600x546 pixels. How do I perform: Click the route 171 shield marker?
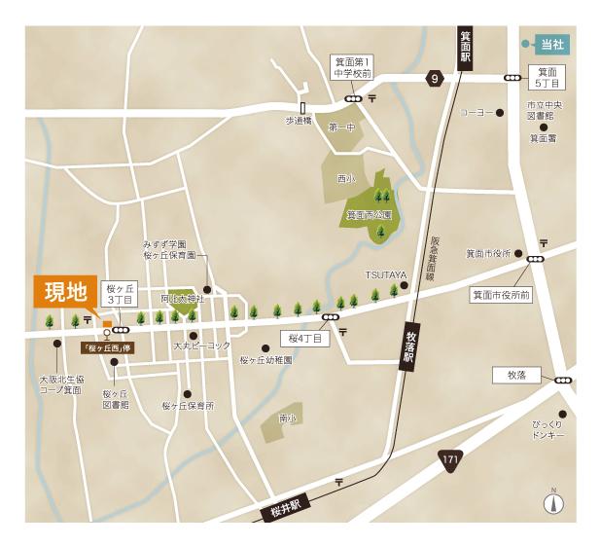pyautogui.click(x=449, y=457)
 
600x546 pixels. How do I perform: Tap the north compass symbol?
pyautogui.click(x=553, y=504)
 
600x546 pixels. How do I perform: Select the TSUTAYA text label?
pyautogui.click(x=384, y=273)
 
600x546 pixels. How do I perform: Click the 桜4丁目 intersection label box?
pyautogui.click(x=304, y=339)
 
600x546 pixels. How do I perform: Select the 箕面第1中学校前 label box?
pyautogui.click(x=352, y=66)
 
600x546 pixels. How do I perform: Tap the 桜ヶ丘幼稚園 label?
pyautogui.click(x=265, y=359)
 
